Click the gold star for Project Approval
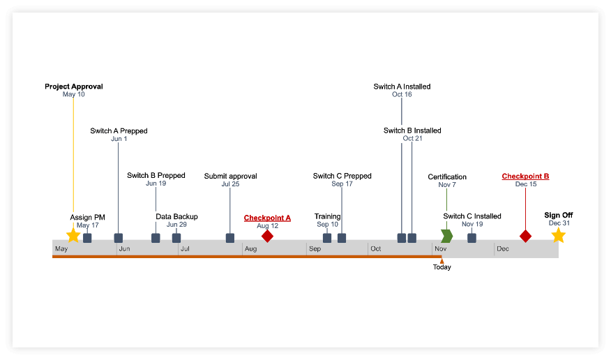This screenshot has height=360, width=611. [73, 236]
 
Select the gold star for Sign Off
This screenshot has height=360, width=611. [558, 236]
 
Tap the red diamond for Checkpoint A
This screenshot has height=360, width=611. [267, 237]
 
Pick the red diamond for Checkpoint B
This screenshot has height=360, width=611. [525, 237]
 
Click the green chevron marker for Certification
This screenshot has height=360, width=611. [446, 237]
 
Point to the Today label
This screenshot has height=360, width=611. [442, 267]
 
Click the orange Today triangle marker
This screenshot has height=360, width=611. [442, 260]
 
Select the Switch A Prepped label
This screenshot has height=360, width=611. [119, 130]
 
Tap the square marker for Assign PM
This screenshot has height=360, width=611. [87, 238]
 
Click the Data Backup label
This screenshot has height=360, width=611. [176, 216]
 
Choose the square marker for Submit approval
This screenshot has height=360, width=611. [230, 238]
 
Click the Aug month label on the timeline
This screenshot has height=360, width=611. [250, 249]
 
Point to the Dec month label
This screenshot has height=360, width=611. [502, 249]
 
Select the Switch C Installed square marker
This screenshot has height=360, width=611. [472, 238]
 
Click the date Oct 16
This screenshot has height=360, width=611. [402, 95]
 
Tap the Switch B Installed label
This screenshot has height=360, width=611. [412, 130]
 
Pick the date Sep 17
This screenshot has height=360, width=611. [342, 184]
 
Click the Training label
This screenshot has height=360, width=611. [327, 216]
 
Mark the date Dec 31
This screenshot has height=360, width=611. [559, 223]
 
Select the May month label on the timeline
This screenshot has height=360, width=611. [61, 249]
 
